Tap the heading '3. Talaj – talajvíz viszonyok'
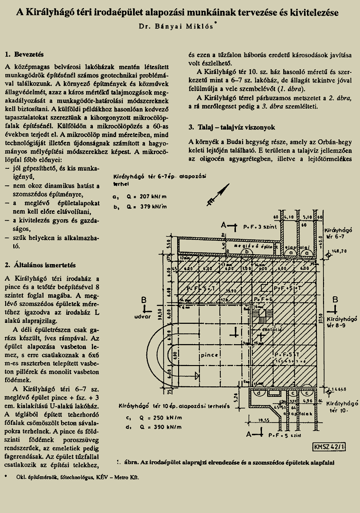coord(231,128)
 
